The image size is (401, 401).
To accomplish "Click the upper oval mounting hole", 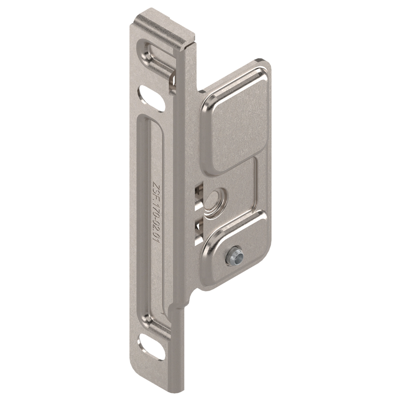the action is pos(151,98).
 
